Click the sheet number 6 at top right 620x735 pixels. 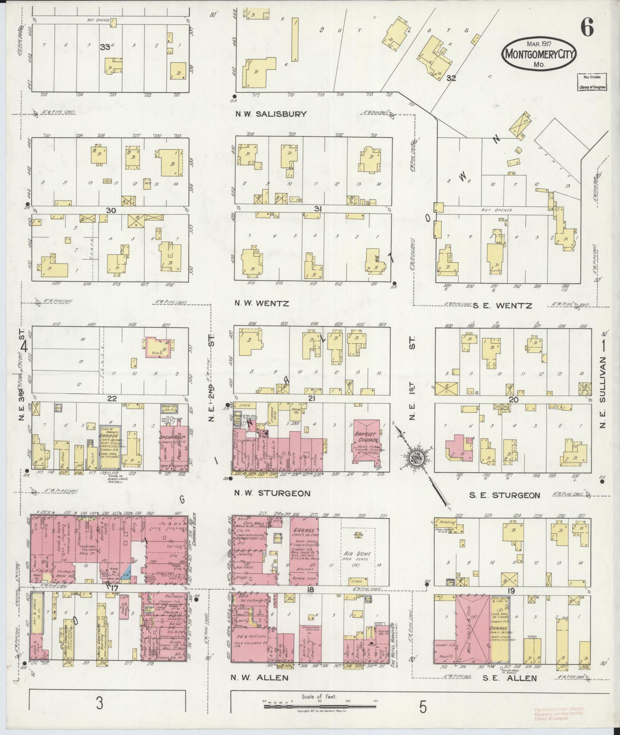(587, 27)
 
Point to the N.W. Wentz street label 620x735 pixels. (261, 304)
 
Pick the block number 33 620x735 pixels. (105, 47)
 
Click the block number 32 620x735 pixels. (451, 78)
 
